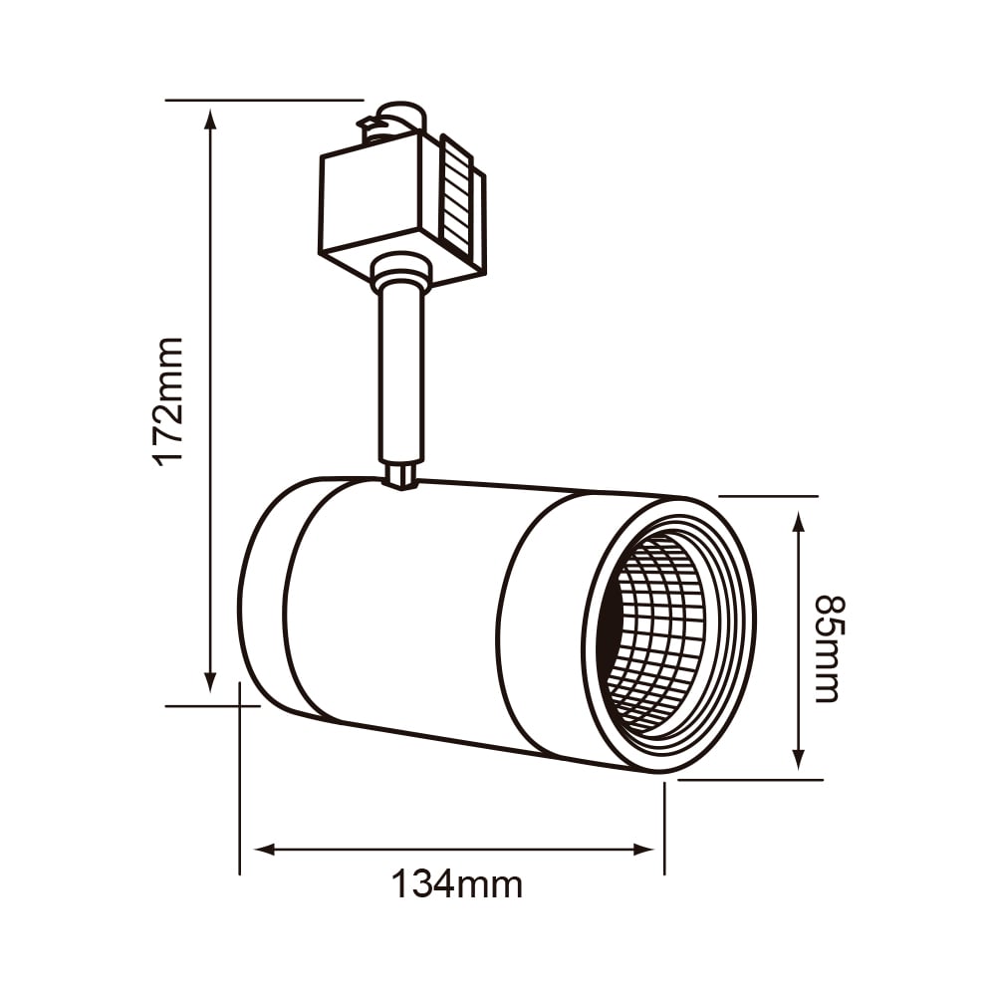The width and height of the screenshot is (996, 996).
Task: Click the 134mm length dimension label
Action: click(456, 883)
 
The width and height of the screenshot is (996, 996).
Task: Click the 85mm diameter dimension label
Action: click(828, 648)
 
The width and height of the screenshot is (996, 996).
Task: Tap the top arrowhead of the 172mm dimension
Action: click(209, 118)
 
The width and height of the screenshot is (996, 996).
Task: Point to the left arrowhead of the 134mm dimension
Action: click(265, 850)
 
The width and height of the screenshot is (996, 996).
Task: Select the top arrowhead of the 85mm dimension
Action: click(798, 522)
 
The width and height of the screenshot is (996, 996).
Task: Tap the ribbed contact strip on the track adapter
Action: click(458, 195)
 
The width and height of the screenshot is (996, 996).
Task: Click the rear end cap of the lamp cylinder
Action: click(264, 598)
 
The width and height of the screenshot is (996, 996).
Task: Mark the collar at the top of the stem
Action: click(400, 272)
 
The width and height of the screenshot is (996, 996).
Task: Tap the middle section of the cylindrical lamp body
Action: click(398, 608)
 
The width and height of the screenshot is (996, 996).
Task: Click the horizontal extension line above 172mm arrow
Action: click(264, 100)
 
